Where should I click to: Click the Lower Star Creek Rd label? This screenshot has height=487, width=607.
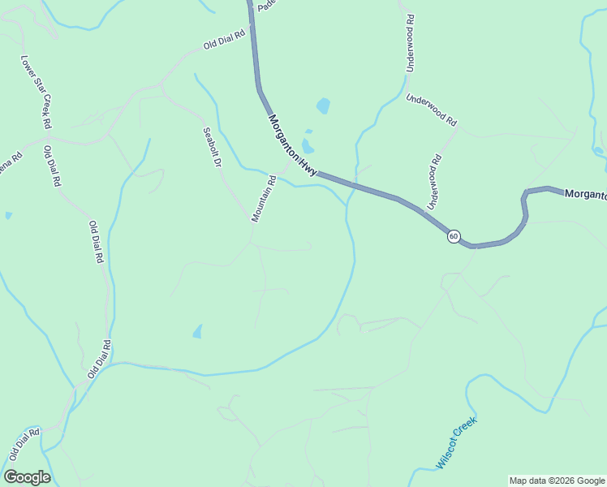tap(36, 93)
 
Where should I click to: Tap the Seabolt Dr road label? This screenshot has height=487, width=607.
tap(212, 147)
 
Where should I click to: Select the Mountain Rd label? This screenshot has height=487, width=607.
tap(265, 199)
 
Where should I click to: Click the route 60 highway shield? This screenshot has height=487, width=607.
tap(454, 236)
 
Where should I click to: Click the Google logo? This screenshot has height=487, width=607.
tap(27, 477)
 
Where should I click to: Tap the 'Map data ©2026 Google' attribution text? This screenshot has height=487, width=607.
tap(557, 481)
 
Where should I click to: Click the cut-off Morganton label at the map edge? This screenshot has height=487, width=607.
tap(585, 194)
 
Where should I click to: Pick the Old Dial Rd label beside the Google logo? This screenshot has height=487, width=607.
tap(24, 446)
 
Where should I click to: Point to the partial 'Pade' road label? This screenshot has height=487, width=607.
tap(267, 5)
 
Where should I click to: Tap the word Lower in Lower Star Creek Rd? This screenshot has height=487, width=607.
tap(28, 68)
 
